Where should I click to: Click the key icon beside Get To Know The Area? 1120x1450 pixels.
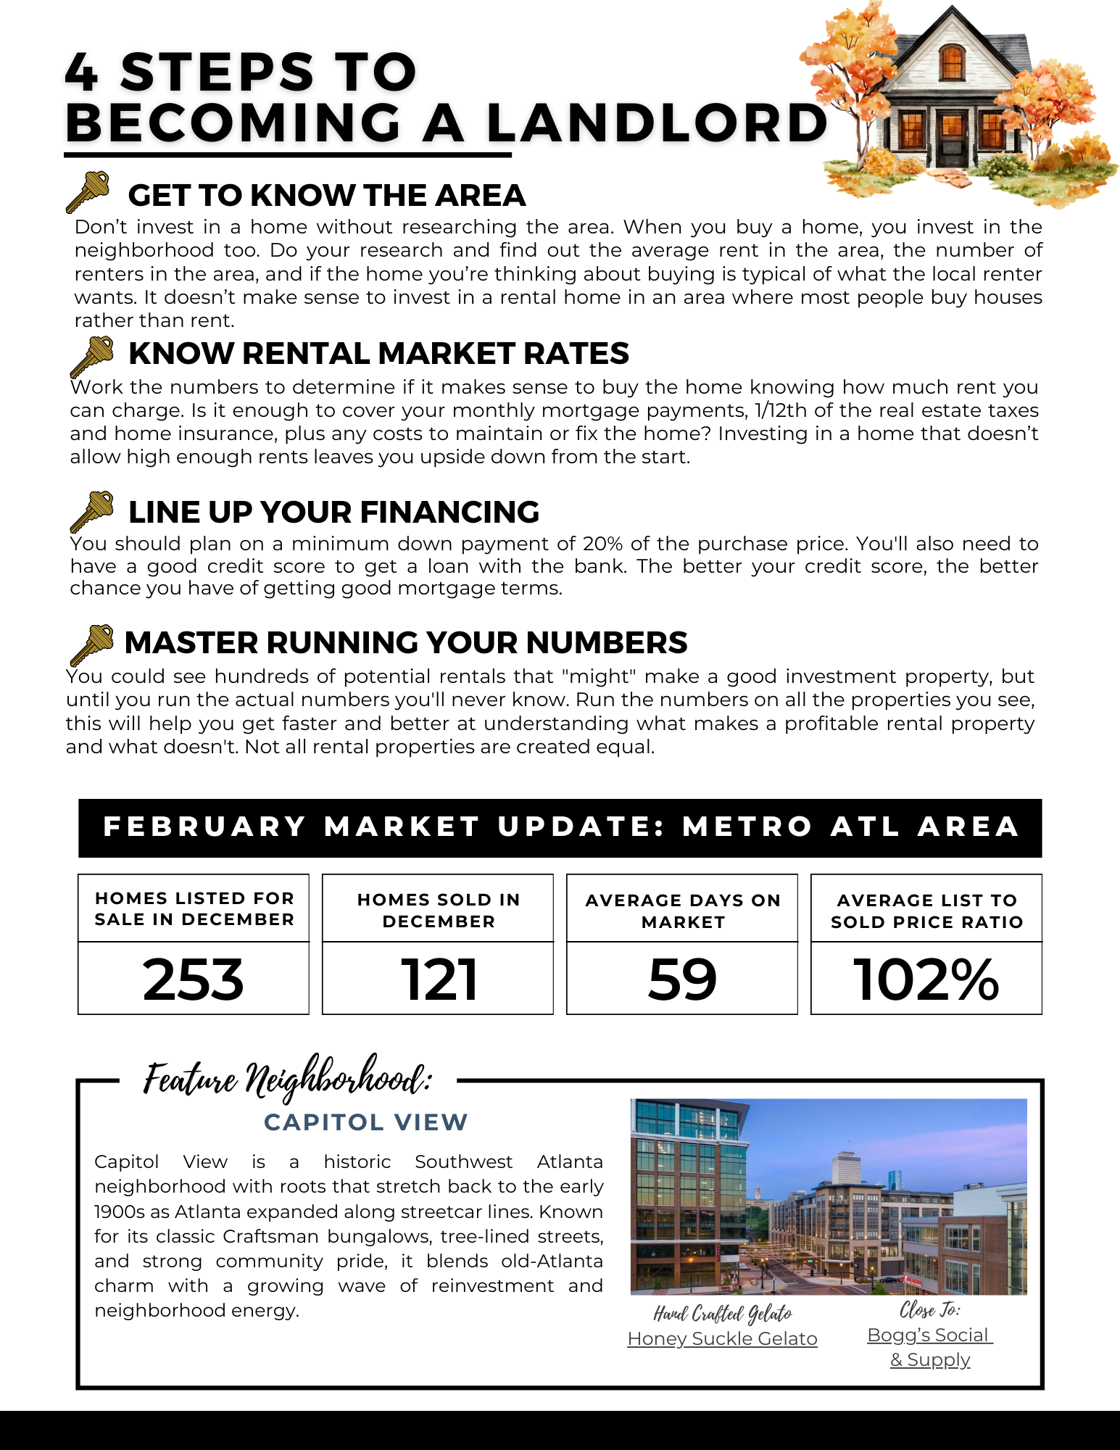(88, 191)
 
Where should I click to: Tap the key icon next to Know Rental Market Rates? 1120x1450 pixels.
(92, 357)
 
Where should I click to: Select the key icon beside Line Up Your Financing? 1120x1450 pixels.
(92, 511)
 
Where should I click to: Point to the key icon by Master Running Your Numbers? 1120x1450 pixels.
(92, 645)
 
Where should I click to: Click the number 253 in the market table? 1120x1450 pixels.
(194, 979)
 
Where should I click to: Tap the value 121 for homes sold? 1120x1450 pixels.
(439, 979)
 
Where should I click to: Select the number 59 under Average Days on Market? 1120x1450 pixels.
(682, 979)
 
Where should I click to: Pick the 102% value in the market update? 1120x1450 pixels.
(926, 979)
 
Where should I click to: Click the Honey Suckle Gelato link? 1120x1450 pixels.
(722, 1338)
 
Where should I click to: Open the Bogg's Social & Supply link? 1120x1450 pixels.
(930, 1347)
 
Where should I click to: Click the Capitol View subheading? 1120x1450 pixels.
(366, 1122)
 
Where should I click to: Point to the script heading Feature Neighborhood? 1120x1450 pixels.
(288, 1078)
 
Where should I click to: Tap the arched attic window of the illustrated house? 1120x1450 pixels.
(952, 62)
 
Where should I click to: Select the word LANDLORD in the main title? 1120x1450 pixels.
(657, 123)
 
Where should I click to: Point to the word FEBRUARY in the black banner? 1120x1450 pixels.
(205, 826)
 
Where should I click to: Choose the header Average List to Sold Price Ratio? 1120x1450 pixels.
(926, 911)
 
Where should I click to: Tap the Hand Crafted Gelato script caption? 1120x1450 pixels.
(722, 1314)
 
